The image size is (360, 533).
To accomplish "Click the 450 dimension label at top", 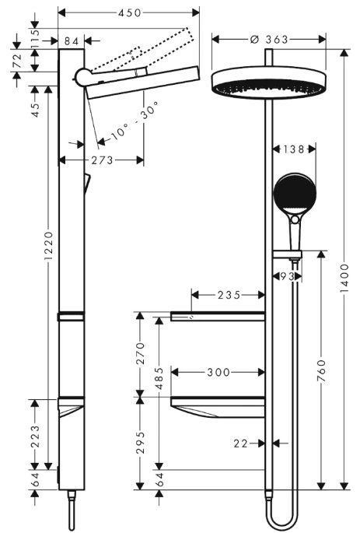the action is point(129,13).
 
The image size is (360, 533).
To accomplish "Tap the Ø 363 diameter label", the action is point(269,40).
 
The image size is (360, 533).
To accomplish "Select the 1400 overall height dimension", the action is point(344,278).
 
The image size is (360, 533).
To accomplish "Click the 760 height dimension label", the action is point(322,370).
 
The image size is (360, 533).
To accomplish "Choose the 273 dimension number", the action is point(102,160).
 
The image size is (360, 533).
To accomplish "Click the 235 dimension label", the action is point(229,295).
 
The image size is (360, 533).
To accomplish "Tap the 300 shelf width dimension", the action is point(218,372).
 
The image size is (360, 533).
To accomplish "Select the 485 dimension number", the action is point(159,378).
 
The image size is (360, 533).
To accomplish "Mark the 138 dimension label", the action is point(294,149).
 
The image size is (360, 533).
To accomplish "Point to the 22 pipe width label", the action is point(241,444).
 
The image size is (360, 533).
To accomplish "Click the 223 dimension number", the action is point(35,436).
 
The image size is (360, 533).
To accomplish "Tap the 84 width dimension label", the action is point(72,41).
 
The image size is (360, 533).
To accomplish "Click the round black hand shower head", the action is point(295,194).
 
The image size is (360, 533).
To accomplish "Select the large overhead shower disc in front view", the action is point(269,82).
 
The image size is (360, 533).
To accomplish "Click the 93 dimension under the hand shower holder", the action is point(288,276).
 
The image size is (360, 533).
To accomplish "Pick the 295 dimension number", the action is point(140,442).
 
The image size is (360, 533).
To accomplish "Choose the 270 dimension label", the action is point(140,353).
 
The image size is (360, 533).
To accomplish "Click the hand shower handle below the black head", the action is point(295,233).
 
